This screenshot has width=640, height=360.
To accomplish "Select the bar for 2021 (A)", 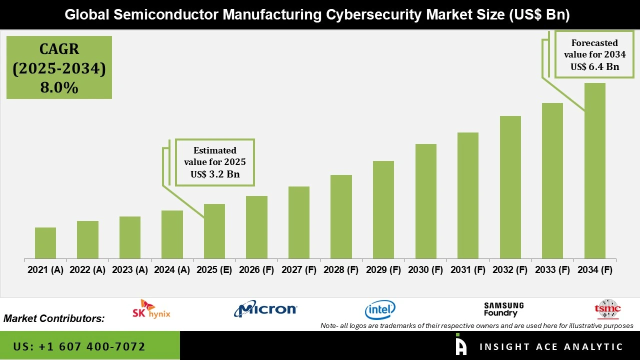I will pyautogui.click(x=45, y=243).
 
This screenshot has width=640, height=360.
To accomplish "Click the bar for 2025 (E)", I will pyautogui.click(x=214, y=231).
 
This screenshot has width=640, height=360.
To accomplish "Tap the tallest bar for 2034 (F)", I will pyautogui.click(x=595, y=170).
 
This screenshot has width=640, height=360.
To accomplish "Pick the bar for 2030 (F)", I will pyautogui.click(x=426, y=201).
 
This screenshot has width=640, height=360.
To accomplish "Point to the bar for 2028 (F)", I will pyautogui.click(x=341, y=216).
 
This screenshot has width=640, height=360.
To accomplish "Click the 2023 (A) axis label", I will pyautogui.click(x=130, y=270).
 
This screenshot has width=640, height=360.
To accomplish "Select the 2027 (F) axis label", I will pyautogui.click(x=299, y=270).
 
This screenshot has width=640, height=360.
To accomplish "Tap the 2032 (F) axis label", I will pyautogui.click(x=510, y=270).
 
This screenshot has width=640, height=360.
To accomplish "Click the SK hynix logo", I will pyautogui.click(x=151, y=309).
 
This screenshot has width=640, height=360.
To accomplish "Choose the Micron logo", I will pyautogui.click(x=265, y=309).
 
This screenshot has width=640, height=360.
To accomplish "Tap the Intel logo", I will pyautogui.click(x=380, y=310).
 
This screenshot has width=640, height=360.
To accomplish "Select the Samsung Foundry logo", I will pyautogui.click(x=503, y=309).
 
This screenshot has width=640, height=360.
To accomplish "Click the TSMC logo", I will pyautogui.click(x=607, y=309).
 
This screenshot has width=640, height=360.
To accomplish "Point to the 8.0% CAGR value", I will pyautogui.click(x=59, y=88).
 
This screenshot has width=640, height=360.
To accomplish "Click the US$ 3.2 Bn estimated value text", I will pyautogui.click(x=215, y=174).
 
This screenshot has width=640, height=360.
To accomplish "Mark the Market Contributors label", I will pyautogui.click(x=54, y=318).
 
